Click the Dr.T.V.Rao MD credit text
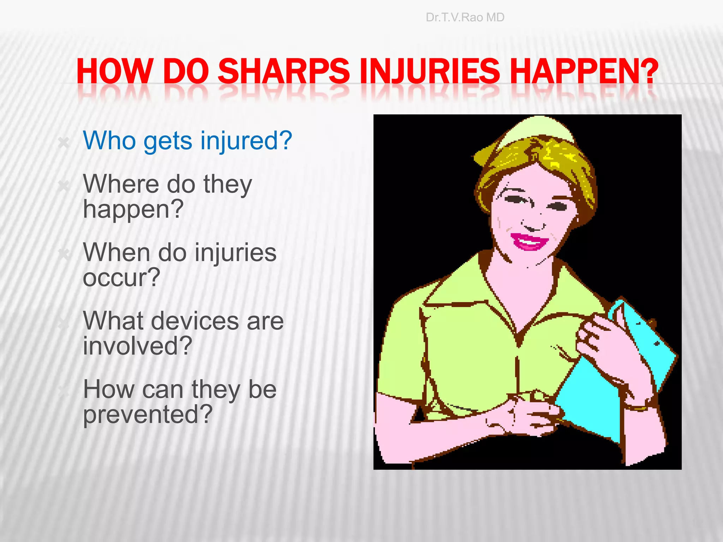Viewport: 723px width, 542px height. [465, 17]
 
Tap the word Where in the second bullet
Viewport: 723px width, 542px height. [121, 184]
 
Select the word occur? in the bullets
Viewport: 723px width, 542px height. [121, 278]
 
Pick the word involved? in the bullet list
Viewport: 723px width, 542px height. [137, 346]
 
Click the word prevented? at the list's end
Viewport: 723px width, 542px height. [148, 415]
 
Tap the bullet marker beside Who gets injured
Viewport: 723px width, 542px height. [64, 143]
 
